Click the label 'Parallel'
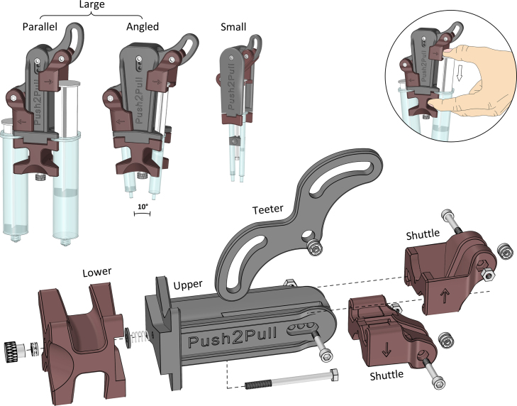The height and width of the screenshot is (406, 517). coord(40,26)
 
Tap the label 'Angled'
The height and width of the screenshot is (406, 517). coord(143,27)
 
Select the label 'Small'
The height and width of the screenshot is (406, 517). coord(233,26)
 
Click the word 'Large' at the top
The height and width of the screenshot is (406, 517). coord(91,5)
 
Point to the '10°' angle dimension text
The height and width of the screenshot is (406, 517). coord(143,207)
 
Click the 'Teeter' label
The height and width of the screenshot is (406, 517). coord(268,209)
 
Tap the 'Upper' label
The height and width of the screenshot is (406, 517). coord(188,285)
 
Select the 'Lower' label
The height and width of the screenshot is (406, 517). coord(97,272)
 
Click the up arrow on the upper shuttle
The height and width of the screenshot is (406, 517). coord(444,296)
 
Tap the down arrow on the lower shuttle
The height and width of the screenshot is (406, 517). coord(386,350)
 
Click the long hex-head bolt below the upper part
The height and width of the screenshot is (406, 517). coord(291,380)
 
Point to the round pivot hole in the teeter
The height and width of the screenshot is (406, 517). coord(308,236)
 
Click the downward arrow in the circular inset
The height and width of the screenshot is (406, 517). coord(460,73)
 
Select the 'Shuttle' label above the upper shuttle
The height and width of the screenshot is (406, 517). coord(423,235)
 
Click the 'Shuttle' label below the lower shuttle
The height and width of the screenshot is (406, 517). coord(387,375)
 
